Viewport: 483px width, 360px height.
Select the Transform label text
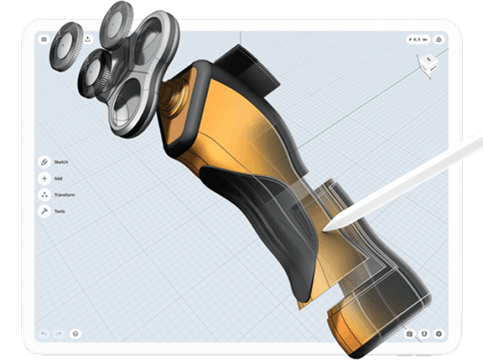tap(64, 194)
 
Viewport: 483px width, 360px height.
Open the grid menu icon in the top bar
tap(44, 39)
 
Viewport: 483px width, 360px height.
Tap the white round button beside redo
tap(76, 334)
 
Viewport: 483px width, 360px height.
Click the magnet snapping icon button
tap(423, 334)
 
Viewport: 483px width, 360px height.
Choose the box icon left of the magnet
tap(409, 334)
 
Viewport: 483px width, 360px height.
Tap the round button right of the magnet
tap(438, 334)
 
